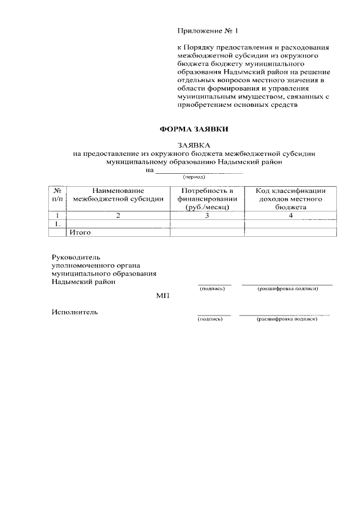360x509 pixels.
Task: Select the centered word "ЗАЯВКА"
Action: tap(194, 145)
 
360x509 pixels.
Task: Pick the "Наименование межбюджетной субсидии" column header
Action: tap(118, 195)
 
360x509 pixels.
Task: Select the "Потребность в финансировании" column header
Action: tap(207, 199)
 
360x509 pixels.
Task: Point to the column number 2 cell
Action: tap(118, 215)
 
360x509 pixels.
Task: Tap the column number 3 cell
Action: tap(207, 215)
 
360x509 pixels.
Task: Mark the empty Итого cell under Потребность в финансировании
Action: tap(207, 232)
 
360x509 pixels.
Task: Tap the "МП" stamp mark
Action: tap(163, 295)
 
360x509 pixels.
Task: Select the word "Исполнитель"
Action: tap(74, 312)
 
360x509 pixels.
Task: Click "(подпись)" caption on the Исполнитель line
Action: tap(210, 319)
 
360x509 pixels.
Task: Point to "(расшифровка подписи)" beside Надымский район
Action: tap(287, 289)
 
